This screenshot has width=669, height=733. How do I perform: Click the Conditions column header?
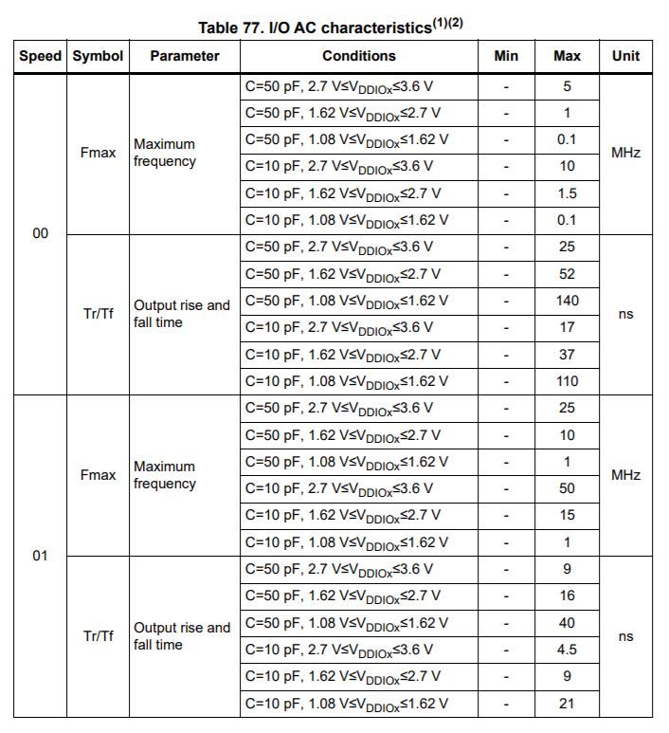pos(358,56)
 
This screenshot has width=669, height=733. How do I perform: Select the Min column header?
pos(506,56)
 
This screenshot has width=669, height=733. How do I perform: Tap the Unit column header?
pos(625,56)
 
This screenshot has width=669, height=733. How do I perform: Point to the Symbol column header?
pos(99,56)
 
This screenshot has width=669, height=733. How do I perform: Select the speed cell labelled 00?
pos(40,233)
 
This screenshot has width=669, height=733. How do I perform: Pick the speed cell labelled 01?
pos(40,556)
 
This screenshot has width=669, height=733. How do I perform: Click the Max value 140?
pos(567,301)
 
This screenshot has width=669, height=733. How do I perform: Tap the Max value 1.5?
pos(567,193)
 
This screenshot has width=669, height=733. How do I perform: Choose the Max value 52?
pos(567,274)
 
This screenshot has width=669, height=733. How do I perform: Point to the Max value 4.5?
pos(567,651)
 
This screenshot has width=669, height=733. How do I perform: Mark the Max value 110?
pos(567,381)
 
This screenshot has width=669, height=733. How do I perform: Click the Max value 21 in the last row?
pos(567,704)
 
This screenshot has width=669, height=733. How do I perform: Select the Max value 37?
pos(567,355)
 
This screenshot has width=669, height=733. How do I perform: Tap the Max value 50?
pos(567,488)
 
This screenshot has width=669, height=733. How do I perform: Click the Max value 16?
pos(567,596)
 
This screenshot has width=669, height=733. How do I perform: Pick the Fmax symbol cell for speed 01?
pos(99,475)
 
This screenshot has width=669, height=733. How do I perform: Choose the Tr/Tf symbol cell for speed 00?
pos(99,314)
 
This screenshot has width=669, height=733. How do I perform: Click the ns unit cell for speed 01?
pos(625,636)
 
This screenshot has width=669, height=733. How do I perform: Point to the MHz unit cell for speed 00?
pos(625,153)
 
